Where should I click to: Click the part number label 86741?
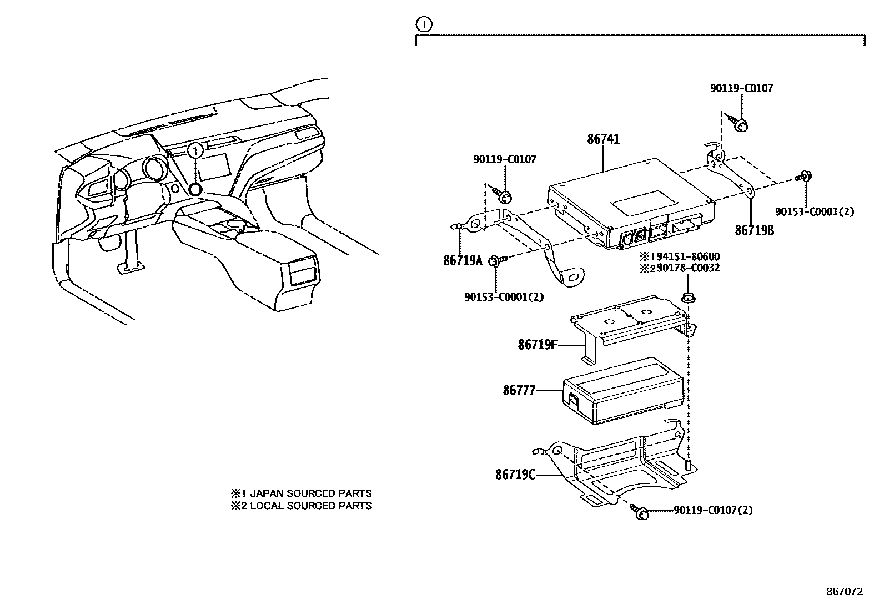point(604,139)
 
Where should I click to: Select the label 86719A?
point(463,259)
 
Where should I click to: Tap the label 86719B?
point(754,230)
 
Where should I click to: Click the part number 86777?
point(519,390)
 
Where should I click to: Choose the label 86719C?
point(515,475)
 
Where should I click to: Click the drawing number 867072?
point(845,592)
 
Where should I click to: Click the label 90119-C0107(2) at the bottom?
point(713,510)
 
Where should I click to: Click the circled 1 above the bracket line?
point(423,24)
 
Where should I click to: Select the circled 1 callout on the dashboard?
point(195,150)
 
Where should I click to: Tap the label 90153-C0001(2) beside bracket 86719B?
point(815,211)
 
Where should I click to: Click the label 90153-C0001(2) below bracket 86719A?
point(504,297)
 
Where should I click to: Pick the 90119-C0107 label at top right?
point(741,88)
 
